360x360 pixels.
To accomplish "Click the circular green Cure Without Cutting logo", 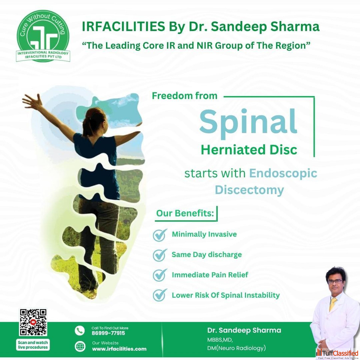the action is pyautogui.click(x=43, y=36).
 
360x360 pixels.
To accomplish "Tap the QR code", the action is pyautogui.click(x=33, y=322).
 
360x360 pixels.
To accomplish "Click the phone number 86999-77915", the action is pyautogui.click(x=108, y=333).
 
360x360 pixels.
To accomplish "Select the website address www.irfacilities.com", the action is pyautogui.click(x=119, y=349).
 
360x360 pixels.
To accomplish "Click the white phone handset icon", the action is pyautogui.click(x=79, y=331).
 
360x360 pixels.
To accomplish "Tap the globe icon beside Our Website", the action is pyautogui.click(x=80, y=346).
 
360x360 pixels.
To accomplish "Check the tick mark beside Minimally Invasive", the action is pyautogui.click(x=160, y=235).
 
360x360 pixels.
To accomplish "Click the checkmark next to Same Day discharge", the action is pyautogui.click(x=160, y=255).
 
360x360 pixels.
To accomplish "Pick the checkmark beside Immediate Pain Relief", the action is pyautogui.click(x=160, y=275).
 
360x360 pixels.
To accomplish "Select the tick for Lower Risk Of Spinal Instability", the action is pyautogui.click(x=160, y=295).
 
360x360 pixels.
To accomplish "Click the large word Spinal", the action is pyautogui.click(x=248, y=123).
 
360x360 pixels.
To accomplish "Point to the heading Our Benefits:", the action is pyautogui.click(x=185, y=213).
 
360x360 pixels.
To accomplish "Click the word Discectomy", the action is pyautogui.click(x=249, y=190).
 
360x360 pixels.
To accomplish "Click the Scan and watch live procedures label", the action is pyautogui.click(x=33, y=345).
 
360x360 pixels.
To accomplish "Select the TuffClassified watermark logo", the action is pyautogui.click(x=337, y=354).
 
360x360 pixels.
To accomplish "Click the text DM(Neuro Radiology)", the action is pyautogui.click(x=237, y=348).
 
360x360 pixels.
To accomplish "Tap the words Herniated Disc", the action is pyautogui.click(x=249, y=150).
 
